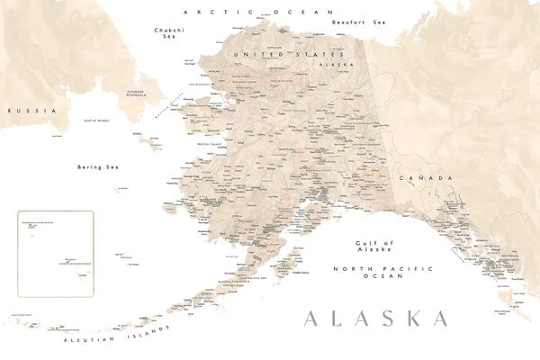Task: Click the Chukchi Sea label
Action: (163, 34)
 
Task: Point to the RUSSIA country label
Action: (21, 110)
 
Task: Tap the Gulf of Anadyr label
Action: (96, 120)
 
